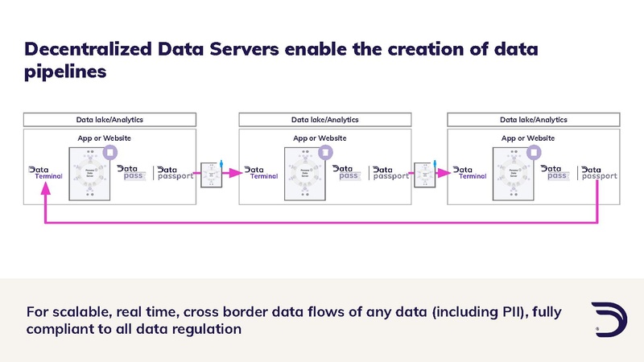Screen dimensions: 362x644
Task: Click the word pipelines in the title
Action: [65, 72]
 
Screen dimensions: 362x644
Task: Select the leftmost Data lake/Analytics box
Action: [109, 120]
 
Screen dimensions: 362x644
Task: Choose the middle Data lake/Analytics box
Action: [324, 120]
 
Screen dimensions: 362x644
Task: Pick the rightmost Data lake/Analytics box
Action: [533, 120]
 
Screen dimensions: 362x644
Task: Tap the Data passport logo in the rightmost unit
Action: [599, 173]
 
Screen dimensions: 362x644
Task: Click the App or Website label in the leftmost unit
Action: [109, 138]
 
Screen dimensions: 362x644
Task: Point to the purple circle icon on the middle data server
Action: [324, 151]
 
